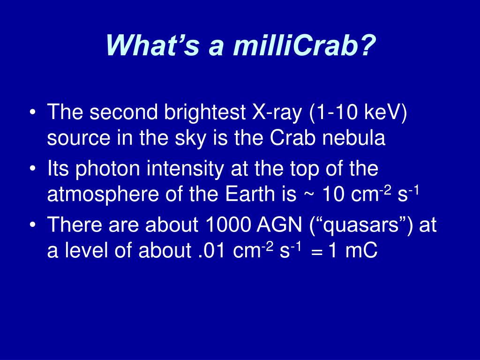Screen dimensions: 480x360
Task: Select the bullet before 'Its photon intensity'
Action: [x=33, y=168]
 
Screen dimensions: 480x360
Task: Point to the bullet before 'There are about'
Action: [x=33, y=225]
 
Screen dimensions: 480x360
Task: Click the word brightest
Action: [x=205, y=112]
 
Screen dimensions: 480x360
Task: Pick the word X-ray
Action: [x=277, y=112]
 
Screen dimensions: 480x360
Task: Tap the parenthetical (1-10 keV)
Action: [x=358, y=112]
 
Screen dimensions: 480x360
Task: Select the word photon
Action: [x=107, y=169]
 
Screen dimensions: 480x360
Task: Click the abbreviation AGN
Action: [x=279, y=225]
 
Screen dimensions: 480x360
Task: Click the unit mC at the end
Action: [x=361, y=251]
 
